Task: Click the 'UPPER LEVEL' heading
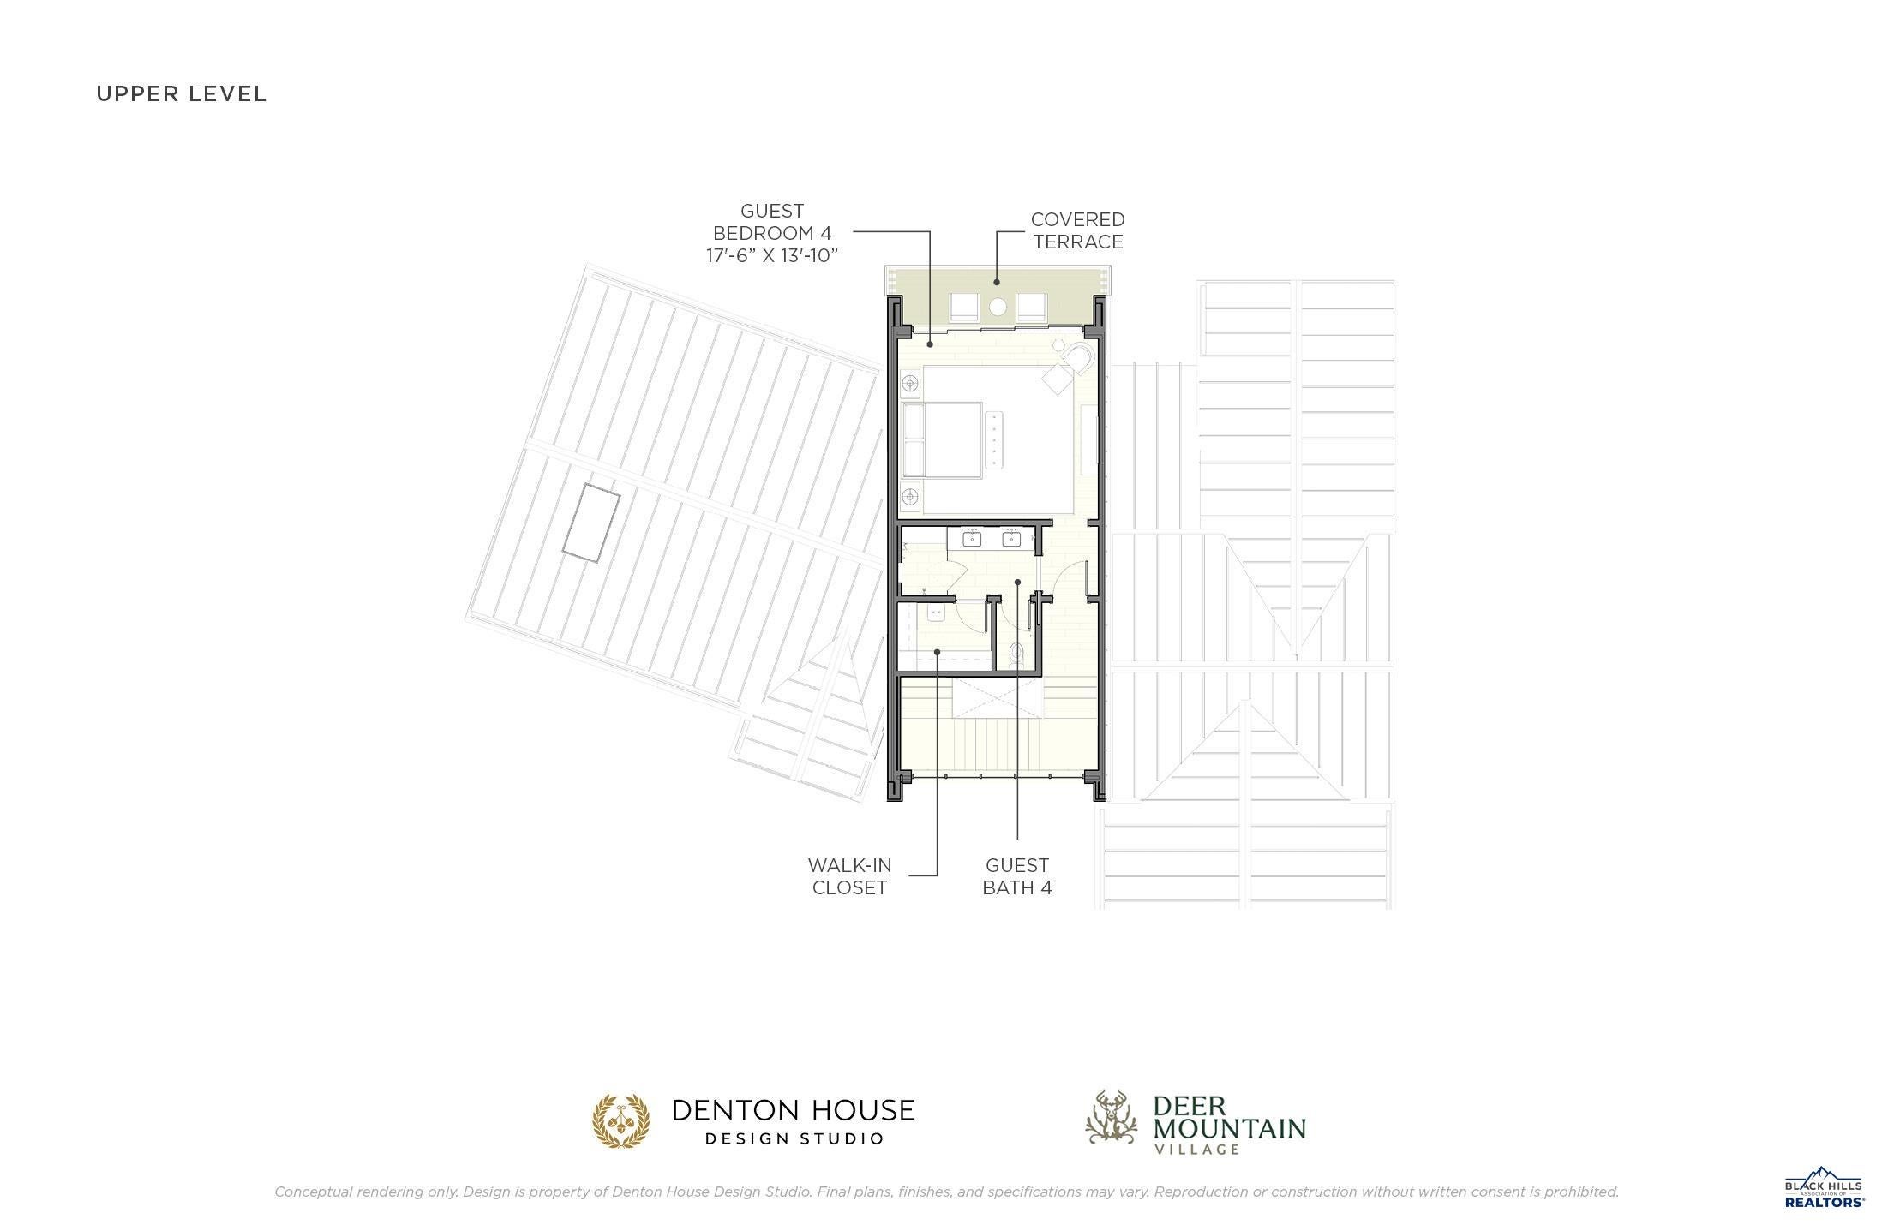(x=182, y=93)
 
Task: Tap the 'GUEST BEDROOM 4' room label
(x=772, y=222)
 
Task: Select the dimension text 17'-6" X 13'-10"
(x=772, y=255)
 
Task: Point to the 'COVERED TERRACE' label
(x=1077, y=230)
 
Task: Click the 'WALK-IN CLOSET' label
(x=849, y=876)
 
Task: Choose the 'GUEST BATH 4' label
(x=1017, y=876)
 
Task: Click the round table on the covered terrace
(x=998, y=307)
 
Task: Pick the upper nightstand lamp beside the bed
(x=910, y=383)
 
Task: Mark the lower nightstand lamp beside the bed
(x=910, y=496)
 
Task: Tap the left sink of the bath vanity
(x=972, y=539)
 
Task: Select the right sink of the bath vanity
(x=1012, y=539)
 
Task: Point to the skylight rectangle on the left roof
(x=591, y=523)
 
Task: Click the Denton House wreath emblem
(x=621, y=1120)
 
